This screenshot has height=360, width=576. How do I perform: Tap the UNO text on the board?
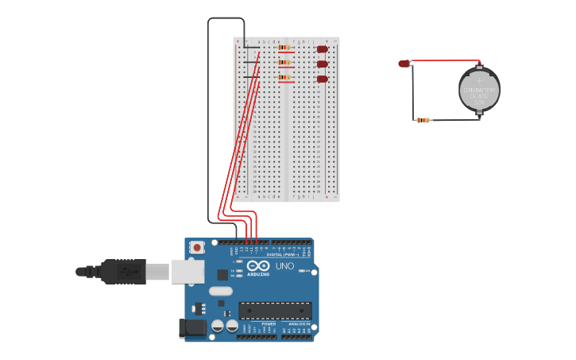tap(284, 266)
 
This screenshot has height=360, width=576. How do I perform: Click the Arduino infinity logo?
tap(258, 265)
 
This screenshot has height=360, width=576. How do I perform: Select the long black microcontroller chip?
tap(275, 311)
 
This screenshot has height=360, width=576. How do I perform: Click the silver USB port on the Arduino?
tap(187, 272)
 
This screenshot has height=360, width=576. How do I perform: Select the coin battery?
tap(479, 90)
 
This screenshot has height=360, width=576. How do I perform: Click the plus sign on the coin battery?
tap(479, 79)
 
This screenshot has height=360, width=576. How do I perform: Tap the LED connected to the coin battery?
tap(404, 64)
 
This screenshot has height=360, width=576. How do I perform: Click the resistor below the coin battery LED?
tap(423, 120)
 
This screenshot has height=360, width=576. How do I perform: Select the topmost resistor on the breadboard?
tap(284, 48)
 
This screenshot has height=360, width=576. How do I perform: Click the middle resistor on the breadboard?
tap(284, 62)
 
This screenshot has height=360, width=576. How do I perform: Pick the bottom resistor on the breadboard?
tap(284, 77)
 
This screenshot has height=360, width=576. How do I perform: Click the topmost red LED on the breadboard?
tap(322, 49)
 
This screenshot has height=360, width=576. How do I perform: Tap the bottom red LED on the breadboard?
tap(322, 79)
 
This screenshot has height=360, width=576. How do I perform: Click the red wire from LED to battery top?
tap(445, 60)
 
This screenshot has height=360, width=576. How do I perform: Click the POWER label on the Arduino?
tap(269, 324)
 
